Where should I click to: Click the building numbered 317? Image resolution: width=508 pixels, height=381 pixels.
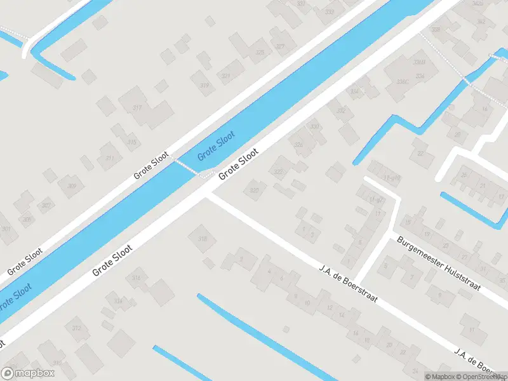(x=137, y=108)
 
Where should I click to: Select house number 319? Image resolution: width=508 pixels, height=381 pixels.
(x=204, y=85)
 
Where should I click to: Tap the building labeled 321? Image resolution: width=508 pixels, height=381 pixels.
(x=226, y=76)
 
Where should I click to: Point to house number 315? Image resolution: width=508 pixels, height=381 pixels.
(x=131, y=142)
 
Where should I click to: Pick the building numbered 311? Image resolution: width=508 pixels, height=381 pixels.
(x=110, y=158)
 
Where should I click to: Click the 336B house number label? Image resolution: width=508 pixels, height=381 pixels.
(x=418, y=62)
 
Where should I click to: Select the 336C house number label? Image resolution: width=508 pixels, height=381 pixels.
(x=401, y=82)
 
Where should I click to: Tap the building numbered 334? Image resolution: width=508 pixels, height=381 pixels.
(x=355, y=91)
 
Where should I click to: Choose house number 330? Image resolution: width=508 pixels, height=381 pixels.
(x=314, y=126)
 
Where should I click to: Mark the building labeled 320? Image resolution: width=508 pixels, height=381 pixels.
(x=255, y=190)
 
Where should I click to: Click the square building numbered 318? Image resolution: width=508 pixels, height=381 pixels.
(x=203, y=239)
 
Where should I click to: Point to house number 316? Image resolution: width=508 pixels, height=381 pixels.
(x=136, y=278)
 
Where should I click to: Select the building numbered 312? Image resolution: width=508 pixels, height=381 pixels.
(x=77, y=328)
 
